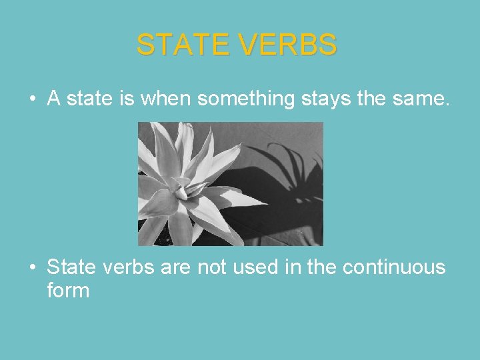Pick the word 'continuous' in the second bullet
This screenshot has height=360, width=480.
click(x=393, y=267)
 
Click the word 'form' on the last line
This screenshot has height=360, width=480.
click(x=67, y=291)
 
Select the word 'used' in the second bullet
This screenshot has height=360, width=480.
click(x=263, y=267)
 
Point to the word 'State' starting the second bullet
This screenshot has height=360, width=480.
click(x=71, y=267)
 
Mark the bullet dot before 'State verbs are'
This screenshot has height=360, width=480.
click(x=32, y=268)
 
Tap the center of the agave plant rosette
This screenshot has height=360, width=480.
click(x=181, y=193)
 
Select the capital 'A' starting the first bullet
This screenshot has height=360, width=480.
click(x=54, y=99)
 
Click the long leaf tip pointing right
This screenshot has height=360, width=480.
click(x=263, y=203)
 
